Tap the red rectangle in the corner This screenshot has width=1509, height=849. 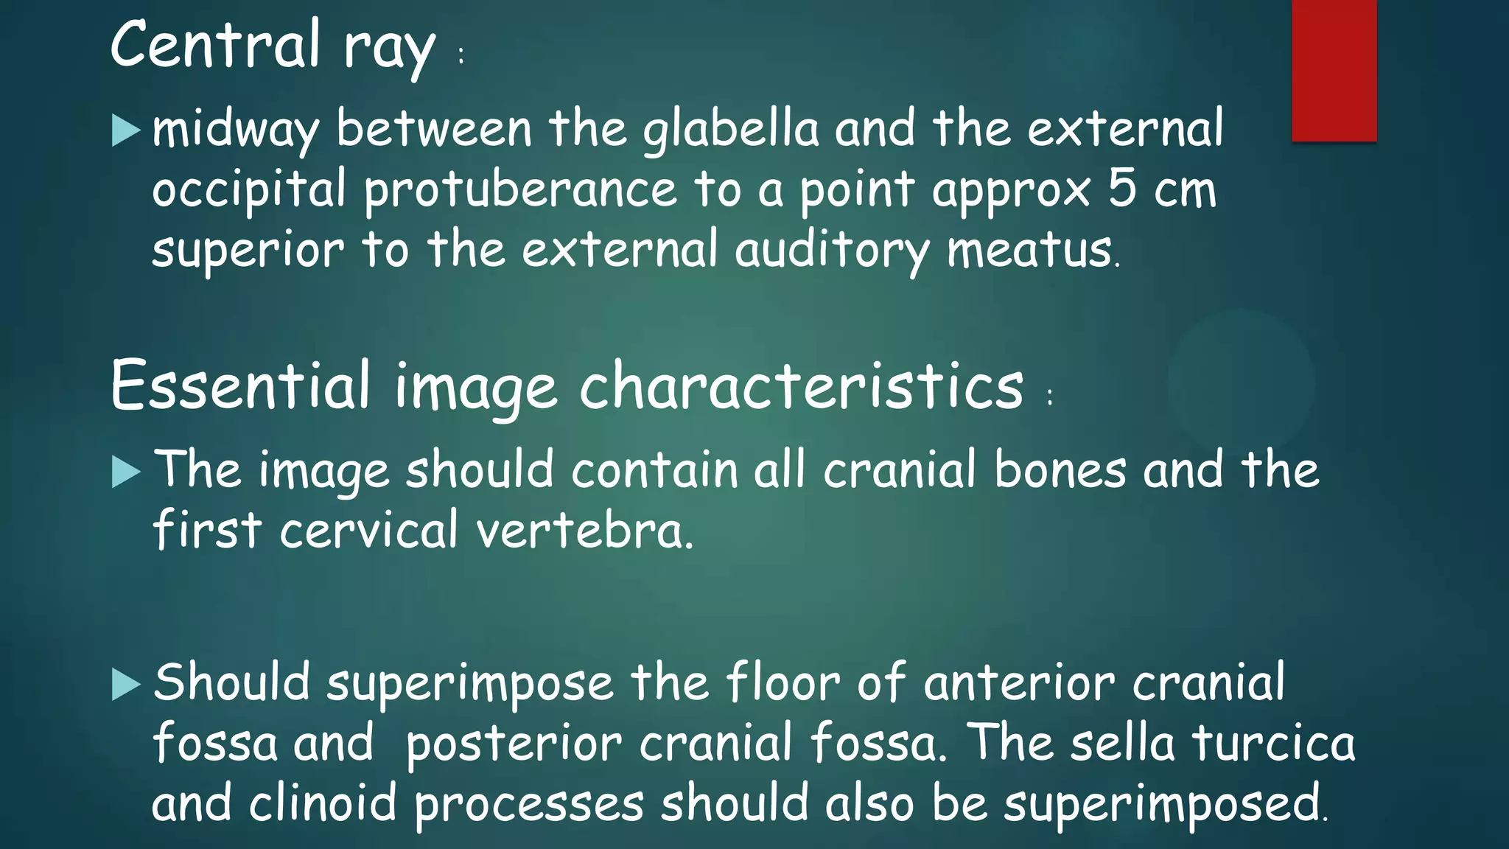1334,70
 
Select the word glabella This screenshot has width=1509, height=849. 730,130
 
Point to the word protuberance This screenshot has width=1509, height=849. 520,190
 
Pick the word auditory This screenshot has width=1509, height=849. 832,251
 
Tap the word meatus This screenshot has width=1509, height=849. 1030,251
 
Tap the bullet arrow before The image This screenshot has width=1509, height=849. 126,472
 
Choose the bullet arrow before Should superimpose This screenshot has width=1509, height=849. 126,685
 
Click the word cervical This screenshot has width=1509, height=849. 368,531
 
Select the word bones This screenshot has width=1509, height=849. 1060,470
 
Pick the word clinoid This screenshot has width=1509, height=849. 323,803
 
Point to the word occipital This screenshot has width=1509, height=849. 249,190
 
